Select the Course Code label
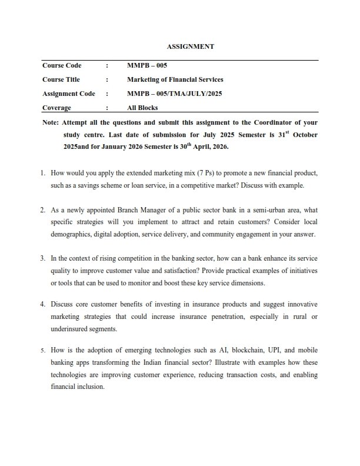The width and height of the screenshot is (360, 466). [x=62, y=65]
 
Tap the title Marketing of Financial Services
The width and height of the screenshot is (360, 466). [x=175, y=79]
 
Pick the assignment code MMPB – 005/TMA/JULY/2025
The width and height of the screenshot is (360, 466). [x=175, y=94]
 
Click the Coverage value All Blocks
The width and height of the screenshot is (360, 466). [x=142, y=108]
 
